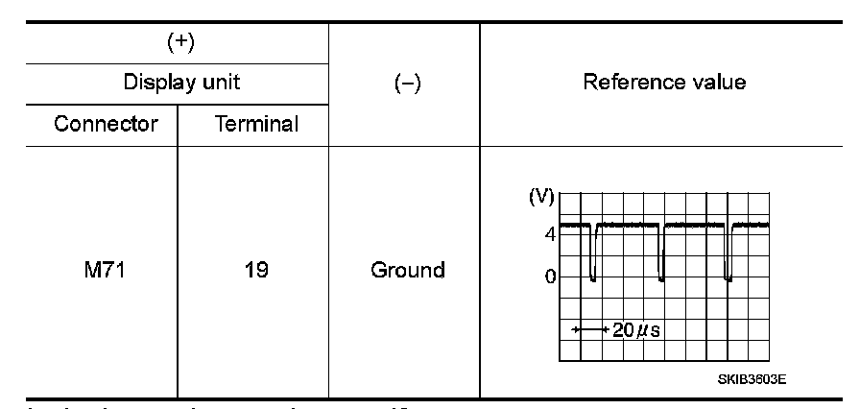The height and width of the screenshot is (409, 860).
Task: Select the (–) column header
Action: tap(407, 83)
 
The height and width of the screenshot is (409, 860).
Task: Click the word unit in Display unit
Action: tap(220, 83)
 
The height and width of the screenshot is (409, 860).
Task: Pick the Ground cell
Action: tap(407, 270)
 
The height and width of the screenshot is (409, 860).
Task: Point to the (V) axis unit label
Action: tap(542, 197)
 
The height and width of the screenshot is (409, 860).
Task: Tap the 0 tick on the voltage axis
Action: tap(550, 277)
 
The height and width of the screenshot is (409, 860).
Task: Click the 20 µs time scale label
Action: tap(637, 329)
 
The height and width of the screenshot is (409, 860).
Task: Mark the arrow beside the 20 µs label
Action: tap(588, 329)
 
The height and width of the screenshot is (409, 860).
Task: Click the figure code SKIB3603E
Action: tap(752, 378)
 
